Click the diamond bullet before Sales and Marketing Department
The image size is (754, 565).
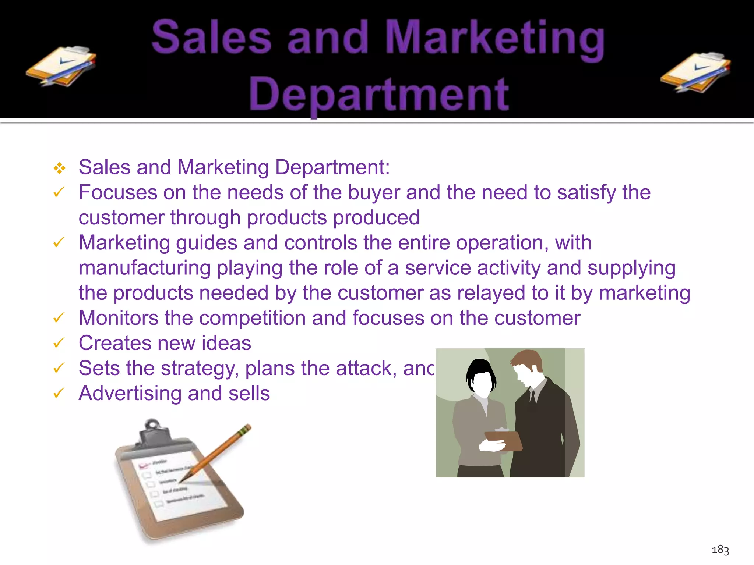click(x=59, y=168)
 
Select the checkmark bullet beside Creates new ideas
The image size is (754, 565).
click(x=59, y=343)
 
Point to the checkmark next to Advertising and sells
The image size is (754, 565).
click(x=59, y=393)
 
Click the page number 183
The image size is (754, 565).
click(x=720, y=550)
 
